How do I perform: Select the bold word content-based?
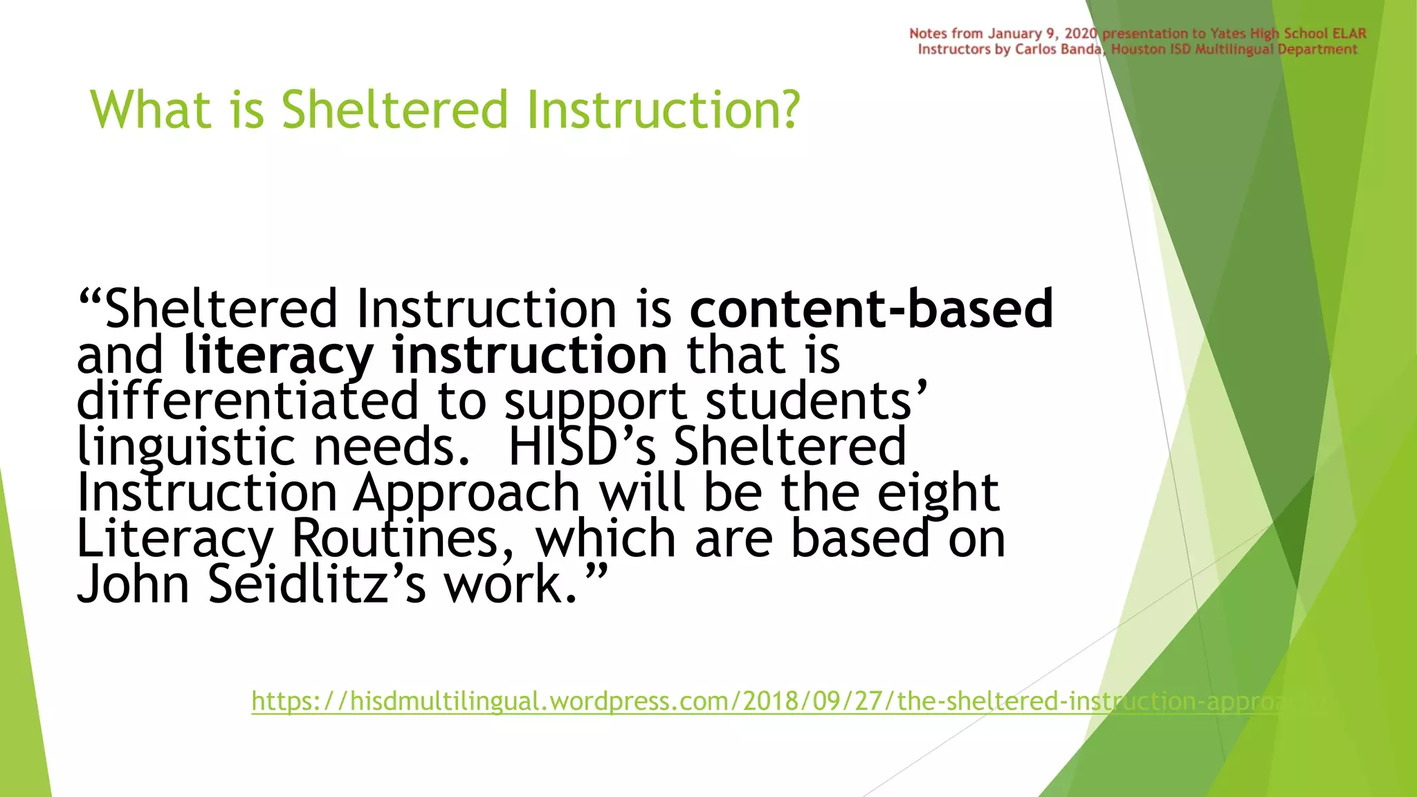tap(871, 309)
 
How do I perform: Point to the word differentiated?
tap(247, 401)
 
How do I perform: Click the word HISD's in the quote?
tap(581, 446)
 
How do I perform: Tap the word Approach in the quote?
tap(466, 493)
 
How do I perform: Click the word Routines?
tap(403, 539)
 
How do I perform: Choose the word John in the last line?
tap(133, 585)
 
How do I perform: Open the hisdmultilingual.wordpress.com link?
tap(761, 702)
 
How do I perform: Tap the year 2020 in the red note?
tap(1080, 33)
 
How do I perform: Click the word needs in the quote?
tap(392, 448)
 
